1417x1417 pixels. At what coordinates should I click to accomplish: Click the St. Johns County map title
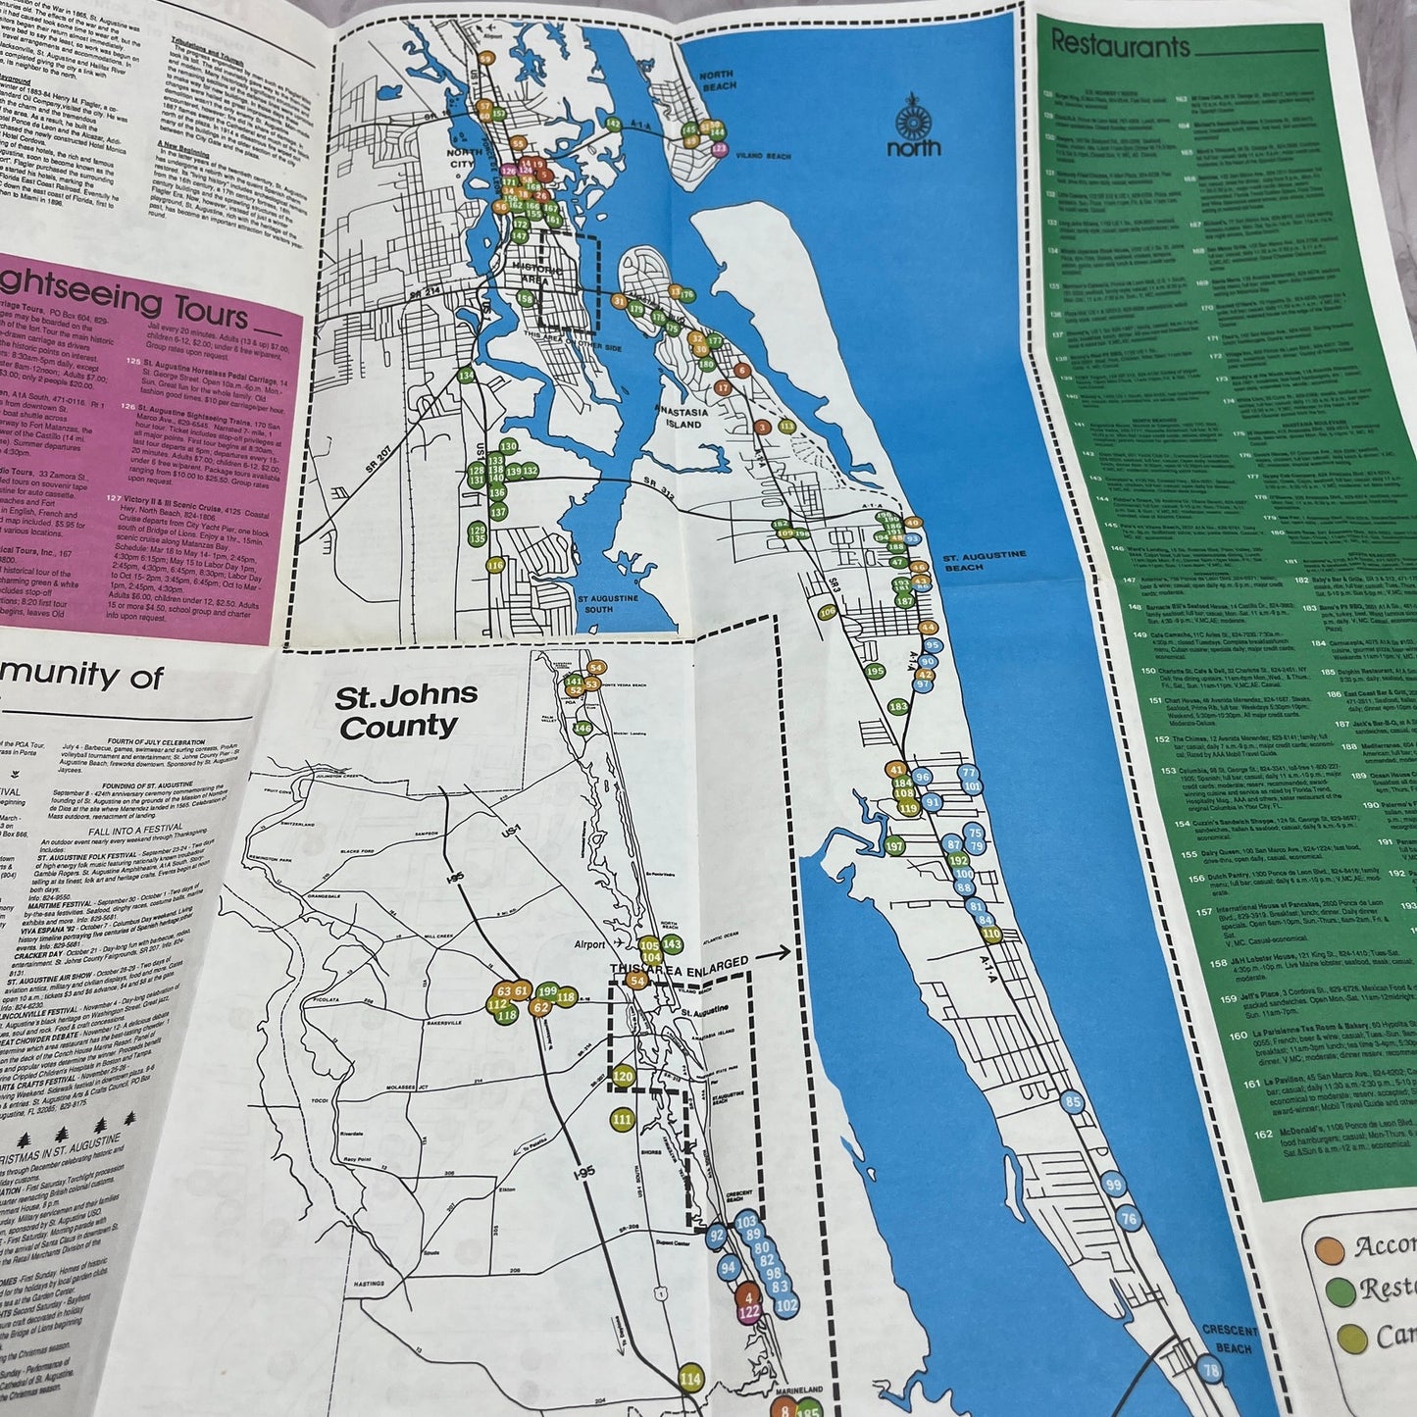(405, 712)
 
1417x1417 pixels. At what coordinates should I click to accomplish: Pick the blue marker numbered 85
(1073, 1103)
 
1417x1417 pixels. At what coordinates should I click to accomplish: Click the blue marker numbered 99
(1113, 1185)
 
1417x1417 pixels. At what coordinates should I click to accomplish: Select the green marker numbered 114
(691, 1379)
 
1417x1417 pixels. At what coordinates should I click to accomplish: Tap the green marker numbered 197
(893, 845)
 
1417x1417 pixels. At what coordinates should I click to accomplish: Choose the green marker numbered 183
(898, 706)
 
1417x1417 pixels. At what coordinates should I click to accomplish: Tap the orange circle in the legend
(1329, 1248)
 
